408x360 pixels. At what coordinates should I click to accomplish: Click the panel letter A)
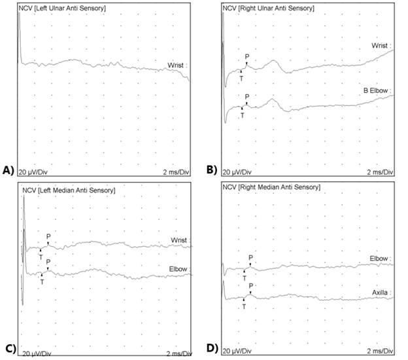pyautogui.click(x=8, y=170)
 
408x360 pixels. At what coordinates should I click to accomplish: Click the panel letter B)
pyautogui.click(x=212, y=170)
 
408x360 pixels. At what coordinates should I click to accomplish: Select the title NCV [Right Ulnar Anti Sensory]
pyautogui.click(x=269, y=8)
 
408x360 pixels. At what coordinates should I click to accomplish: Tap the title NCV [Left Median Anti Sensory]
pyautogui.click(x=67, y=190)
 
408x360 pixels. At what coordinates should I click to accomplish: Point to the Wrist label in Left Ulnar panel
pyautogui.click(x=177, y=65)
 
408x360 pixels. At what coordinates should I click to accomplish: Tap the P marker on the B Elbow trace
pyautogui.click(x=246, y=96)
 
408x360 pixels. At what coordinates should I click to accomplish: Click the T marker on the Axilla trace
pyautogui.click(x=243, y=306)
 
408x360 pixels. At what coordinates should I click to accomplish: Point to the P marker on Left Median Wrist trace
pyautogui.click(x=48, y=236)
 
